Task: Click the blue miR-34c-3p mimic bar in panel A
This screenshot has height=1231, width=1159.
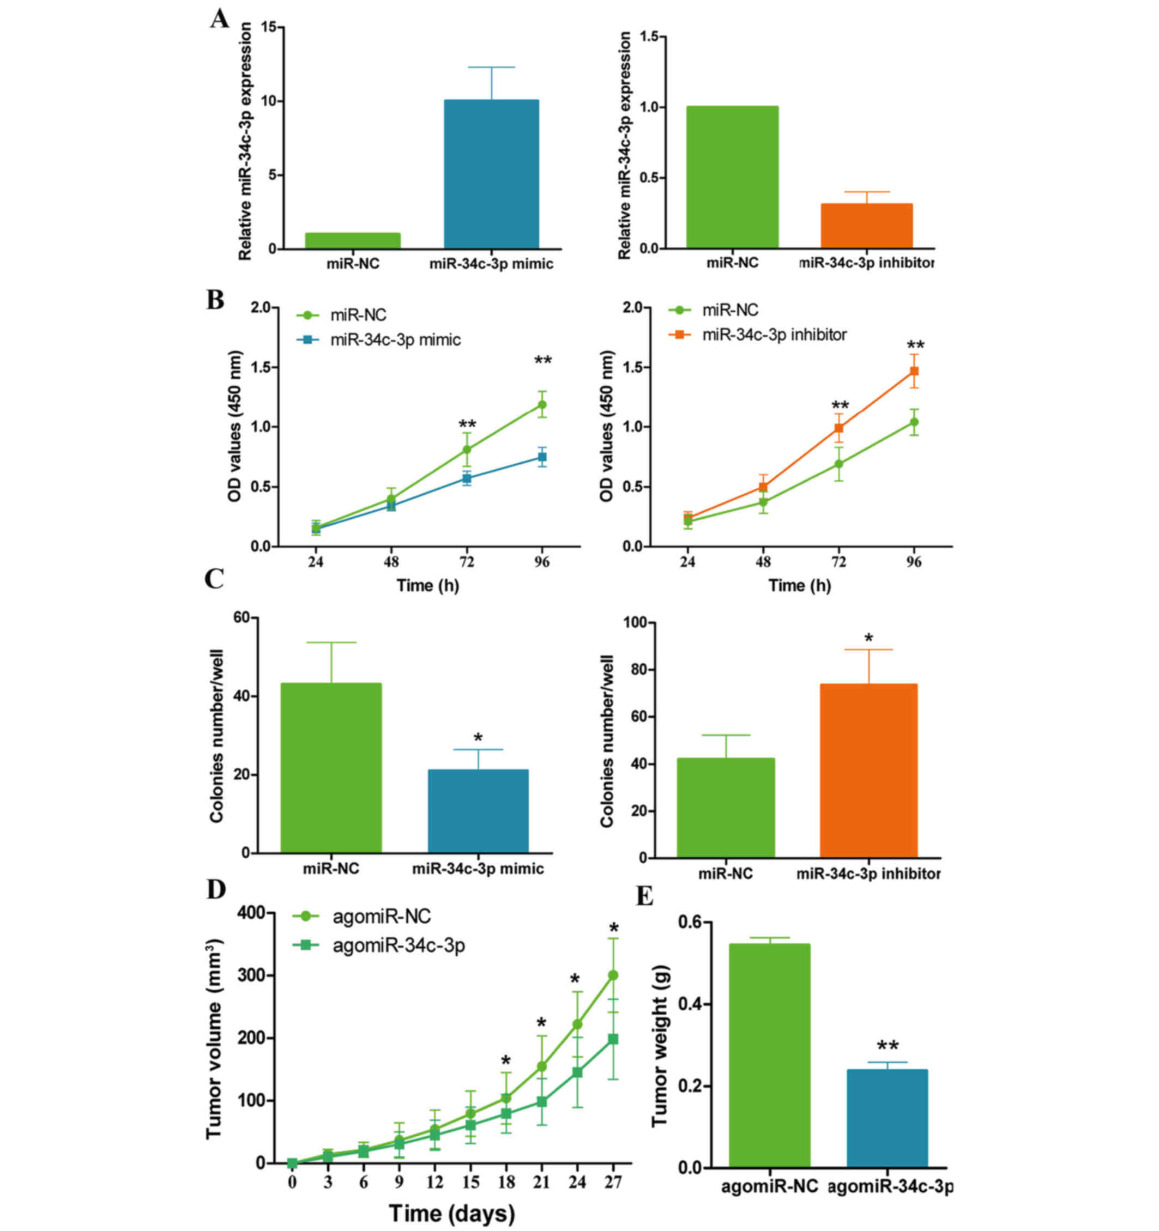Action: click(491, 174)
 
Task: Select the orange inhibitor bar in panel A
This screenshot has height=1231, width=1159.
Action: click(866, 226)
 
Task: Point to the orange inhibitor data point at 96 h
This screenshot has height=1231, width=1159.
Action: click(914, 372)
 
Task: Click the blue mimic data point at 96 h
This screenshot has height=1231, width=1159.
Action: click(542, 457)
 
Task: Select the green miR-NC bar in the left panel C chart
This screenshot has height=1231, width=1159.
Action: click(331, 768)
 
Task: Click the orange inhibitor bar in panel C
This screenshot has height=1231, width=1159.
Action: click(868, 771)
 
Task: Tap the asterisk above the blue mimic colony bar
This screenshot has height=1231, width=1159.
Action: click(478, 738)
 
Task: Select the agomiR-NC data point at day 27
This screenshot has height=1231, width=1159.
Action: click(613, 975)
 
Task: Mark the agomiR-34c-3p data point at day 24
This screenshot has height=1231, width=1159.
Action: click(577, 1072)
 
